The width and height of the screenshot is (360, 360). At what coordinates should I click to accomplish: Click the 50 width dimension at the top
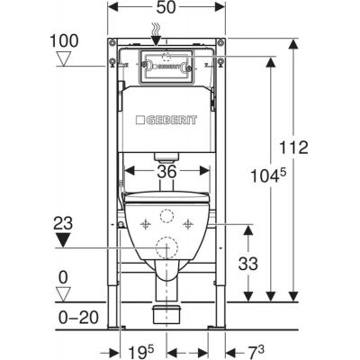[166, 7]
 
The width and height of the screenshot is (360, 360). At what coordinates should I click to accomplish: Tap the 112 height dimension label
[293, 148]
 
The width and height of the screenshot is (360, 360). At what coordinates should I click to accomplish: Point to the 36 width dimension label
[166, 172]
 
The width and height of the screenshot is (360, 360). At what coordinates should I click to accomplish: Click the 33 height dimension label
[248, 264]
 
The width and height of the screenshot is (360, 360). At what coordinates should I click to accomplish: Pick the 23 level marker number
[63, 223]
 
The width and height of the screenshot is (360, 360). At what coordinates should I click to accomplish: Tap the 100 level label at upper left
[64, 40]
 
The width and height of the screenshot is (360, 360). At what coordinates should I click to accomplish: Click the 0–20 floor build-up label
[78, 318]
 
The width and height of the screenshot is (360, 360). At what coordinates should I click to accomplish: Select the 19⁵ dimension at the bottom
[140, 351]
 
